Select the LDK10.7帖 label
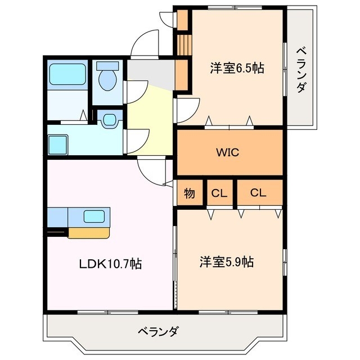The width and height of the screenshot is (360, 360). [x=109, y=263]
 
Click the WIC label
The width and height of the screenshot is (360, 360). [x=229, y=152]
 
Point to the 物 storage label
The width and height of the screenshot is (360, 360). [x=190, y=193]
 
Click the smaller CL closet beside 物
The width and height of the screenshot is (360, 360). [x=219, y=193]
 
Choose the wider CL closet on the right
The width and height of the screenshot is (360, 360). [x=258, y=193]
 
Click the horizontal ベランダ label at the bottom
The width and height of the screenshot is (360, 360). [x=157, y=331]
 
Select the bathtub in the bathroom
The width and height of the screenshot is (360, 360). [x=66, y=74]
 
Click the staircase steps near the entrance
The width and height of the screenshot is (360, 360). [x=181, y=44]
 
